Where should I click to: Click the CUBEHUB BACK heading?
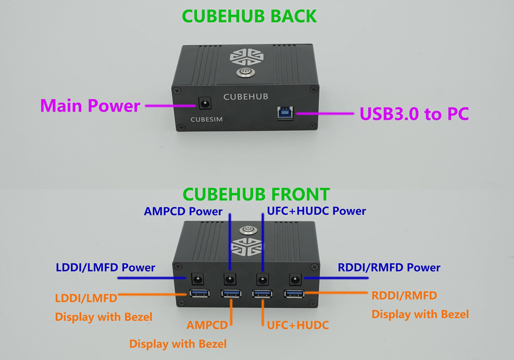click(x=249, y=16)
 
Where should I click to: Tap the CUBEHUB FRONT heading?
click(x=256, y=194)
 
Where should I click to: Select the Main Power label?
click(x=90, y=106)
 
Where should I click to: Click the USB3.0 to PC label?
click(x=414, y=114)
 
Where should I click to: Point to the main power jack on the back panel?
click(x=205, y=103)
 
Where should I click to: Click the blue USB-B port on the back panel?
click(x=285, y=113)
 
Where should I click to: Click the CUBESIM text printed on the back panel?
click(x=207, y=119)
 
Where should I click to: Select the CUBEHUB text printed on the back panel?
click(x=246, y=97)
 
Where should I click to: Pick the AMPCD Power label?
click(x=183, y=211)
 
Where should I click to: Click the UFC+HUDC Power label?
click(x=316, y=211)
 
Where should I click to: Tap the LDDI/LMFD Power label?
click(x=105, y=267)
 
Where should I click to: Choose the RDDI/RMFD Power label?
click(x=389, y=267)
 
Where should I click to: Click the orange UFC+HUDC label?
click(x=298, y=325)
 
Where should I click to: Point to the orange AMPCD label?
click(x=207, y=325)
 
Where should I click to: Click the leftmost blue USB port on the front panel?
click(x=199, y=293)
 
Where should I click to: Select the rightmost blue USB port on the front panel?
click(x=294, y=293)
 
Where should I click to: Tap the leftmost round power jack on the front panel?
click(x=197, y=279)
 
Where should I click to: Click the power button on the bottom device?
click(x=248, y=230)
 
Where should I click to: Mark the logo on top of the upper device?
click(x=247, y=57)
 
